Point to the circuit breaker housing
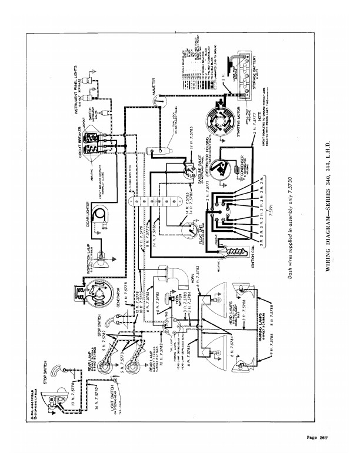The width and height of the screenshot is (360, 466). [x=92, y=142]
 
